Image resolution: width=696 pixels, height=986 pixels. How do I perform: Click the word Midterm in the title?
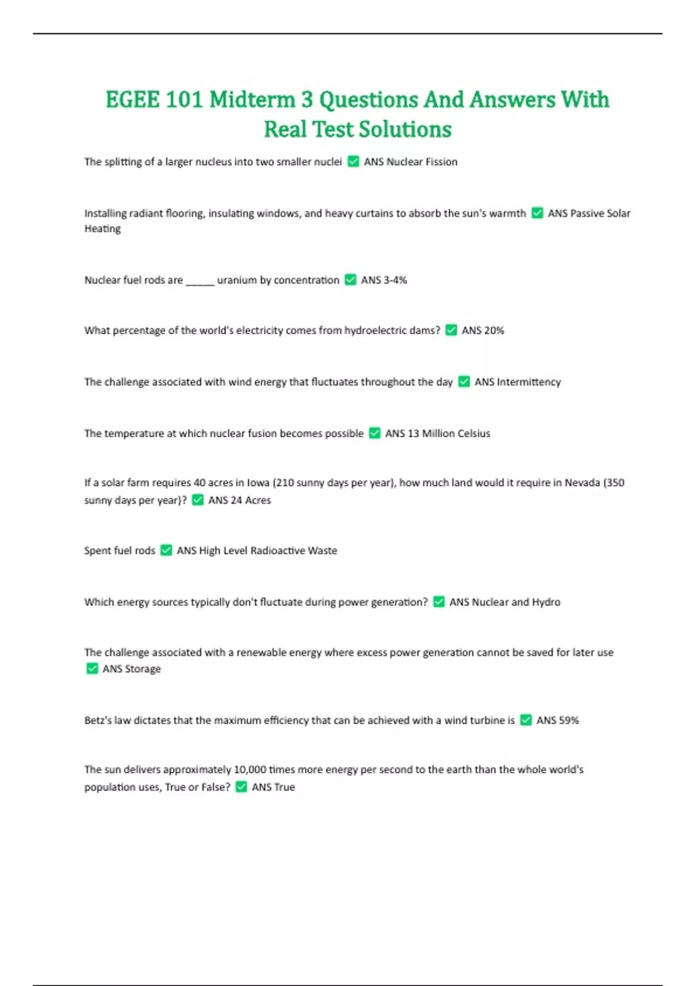pos(252,100)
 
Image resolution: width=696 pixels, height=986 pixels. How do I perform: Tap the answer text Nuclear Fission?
pos(422,162)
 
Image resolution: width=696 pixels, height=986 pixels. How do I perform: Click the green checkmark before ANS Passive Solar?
pos(537,213)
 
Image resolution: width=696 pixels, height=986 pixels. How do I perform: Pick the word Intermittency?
pos(528,382)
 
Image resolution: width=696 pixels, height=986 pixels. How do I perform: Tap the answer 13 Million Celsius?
pos(448,433)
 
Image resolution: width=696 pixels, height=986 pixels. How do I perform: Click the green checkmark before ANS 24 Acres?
pos(198,500)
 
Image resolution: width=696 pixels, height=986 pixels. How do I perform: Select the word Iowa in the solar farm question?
pos(258,483)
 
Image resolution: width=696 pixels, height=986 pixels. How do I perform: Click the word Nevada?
pos(582,483)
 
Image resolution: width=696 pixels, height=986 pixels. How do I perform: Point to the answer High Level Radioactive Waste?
pos(267,550)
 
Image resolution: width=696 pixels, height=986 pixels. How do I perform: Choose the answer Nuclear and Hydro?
pos(516,602)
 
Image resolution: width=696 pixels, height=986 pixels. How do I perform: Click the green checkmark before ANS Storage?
pos(92,669)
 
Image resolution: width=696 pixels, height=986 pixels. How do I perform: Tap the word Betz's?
pos(98,720)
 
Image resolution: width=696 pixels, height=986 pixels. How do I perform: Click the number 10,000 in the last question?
pos(249,770)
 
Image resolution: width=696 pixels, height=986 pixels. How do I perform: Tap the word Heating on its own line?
pos(103,229)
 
